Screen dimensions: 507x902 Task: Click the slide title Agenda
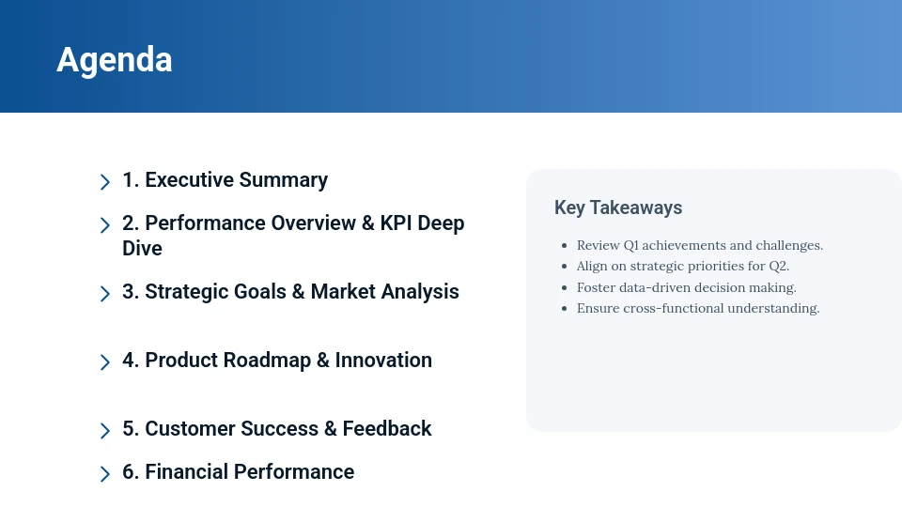[115, 59]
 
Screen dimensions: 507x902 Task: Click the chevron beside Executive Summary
[105, 181]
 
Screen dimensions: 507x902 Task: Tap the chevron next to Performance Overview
[105, 225]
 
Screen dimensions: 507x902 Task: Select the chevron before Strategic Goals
[105, 294]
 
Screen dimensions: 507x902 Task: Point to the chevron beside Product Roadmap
[105, 362]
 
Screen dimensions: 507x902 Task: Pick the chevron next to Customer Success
[105, 431]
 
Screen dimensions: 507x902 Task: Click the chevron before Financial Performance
[105, 474]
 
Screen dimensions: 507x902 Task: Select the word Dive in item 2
[142, 249]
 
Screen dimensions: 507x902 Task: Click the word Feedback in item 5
[387, 429]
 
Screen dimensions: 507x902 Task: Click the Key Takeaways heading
[618, 207]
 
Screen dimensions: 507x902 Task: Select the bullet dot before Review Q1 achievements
[564, 246]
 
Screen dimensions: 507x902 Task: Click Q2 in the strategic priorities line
[779, 266]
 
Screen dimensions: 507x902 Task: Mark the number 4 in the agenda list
[129, 361]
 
